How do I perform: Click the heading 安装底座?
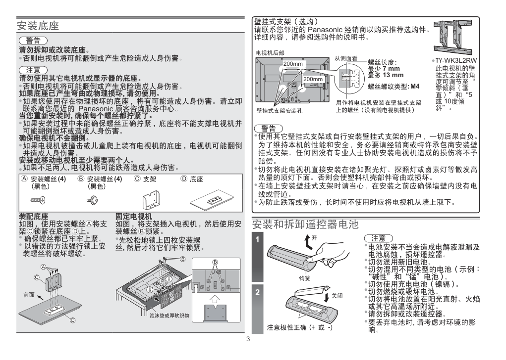pos(38,26)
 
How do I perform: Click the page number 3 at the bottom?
pos(248,339)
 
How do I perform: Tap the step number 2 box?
pos(258,309)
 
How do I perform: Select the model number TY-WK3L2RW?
pos(456,60)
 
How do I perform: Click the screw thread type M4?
pos(415,87)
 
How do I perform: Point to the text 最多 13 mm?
pos(386,75)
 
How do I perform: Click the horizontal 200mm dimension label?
pos(293,64)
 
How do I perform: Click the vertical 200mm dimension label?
pos(313,79)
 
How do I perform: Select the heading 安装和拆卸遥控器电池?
pos(305,224)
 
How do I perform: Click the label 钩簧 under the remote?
pos(305,278)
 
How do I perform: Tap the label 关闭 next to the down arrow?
pos(337,296)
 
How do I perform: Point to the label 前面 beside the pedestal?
pos(29,295)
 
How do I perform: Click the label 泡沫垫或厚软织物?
pos(169,315)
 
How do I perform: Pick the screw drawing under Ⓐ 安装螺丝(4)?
pos(38,200)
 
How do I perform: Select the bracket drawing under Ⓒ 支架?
pos(151,200)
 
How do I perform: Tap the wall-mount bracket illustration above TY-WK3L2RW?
pos(453,37)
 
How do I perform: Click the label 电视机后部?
pos(270,53)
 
